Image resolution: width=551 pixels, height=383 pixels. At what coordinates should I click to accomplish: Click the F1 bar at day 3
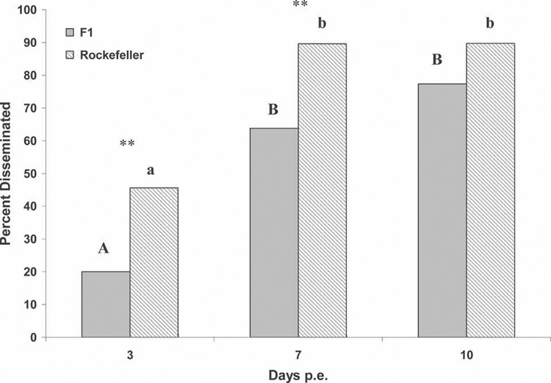pos(106,304)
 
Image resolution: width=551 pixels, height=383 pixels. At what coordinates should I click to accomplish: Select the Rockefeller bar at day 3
pos(154,262)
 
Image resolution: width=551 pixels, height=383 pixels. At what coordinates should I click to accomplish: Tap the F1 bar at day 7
pos(273,232)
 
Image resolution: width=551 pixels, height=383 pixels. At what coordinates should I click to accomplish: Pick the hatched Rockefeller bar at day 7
pos(322,190)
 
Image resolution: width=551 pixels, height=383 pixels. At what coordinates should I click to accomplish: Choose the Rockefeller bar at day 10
pos(490,190)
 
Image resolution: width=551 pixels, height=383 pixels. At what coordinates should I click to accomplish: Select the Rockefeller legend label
pos(109,54)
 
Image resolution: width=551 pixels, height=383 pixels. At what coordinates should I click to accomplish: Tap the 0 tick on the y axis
pos(37,337)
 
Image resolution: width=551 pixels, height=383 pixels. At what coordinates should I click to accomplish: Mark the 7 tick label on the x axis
pos(298,353)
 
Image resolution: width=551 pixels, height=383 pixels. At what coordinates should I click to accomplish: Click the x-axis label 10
pos(466,353)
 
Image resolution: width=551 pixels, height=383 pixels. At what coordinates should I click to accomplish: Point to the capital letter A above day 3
pos(103,249)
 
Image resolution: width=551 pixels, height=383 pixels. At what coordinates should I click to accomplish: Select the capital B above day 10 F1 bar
pos(436,60)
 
